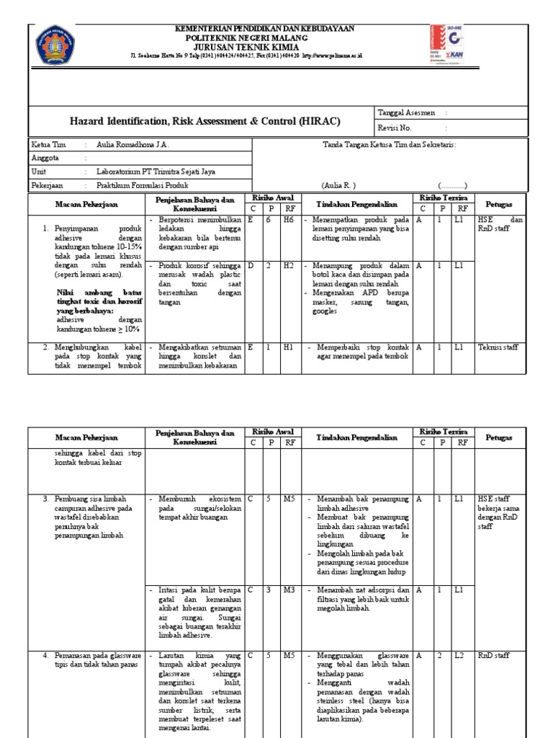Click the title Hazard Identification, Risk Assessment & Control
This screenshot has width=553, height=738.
(204, 121)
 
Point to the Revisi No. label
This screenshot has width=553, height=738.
(395, 128)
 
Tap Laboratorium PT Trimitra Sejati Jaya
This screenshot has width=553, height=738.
(156, 172)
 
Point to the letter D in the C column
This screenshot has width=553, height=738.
(251, 266)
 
